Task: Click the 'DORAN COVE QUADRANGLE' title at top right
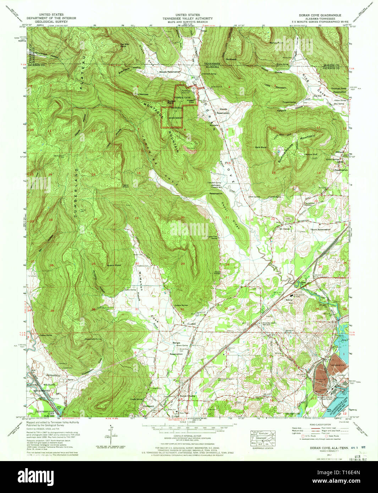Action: tap(321, 15)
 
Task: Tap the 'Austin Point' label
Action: tap(114, 265)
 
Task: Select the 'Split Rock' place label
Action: tap(261, 147)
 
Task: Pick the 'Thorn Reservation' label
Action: tap(320, 229)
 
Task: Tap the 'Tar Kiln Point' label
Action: tap(124, 45)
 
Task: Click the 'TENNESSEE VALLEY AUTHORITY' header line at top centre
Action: tap(187, 18)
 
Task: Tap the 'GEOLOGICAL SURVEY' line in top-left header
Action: tap(50, 21)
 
